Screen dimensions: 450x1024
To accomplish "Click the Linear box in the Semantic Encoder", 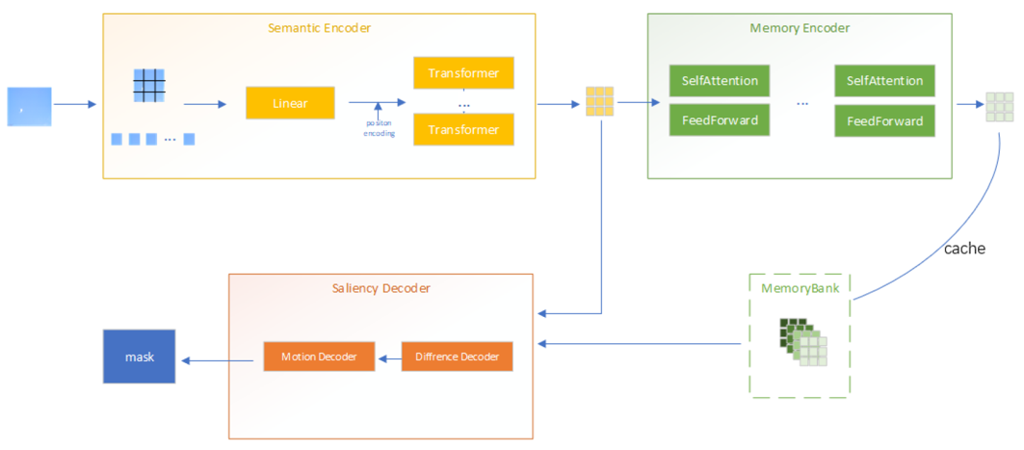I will tap(290, 103).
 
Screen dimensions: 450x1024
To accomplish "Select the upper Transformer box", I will tap(463, 73).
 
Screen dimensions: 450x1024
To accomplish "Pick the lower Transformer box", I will tap(463, 129).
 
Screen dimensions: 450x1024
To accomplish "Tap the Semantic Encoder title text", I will tap(319, 28).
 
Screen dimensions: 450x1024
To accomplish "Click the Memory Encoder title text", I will tap(800, 28).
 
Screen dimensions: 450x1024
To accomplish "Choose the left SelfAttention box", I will tap(719, 81).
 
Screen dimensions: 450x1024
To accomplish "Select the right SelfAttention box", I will tap(884, 81).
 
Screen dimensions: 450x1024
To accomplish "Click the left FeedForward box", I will tap(719, 120).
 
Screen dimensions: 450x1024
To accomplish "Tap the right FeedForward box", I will tap(884, 120).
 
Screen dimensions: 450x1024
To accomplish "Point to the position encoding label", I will tap(379, 127).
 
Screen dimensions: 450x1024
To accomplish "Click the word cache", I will tap(964, 249).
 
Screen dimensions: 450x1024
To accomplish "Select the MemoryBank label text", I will tap(800, 288).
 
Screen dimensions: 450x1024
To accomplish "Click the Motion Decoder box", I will tap(319, 357).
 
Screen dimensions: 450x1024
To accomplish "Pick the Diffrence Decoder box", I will tap(457, 357).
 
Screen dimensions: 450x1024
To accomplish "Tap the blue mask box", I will tap(140, 357).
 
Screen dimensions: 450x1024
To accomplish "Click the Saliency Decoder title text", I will tap(381, 288).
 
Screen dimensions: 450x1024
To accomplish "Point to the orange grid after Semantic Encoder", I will tap(599, 102).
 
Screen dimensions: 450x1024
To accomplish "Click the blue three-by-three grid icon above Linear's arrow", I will tap(149, 86).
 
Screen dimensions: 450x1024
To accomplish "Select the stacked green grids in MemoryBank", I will tap(803, 342).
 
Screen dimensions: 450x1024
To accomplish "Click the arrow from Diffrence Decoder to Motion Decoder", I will tap(388, 357).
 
